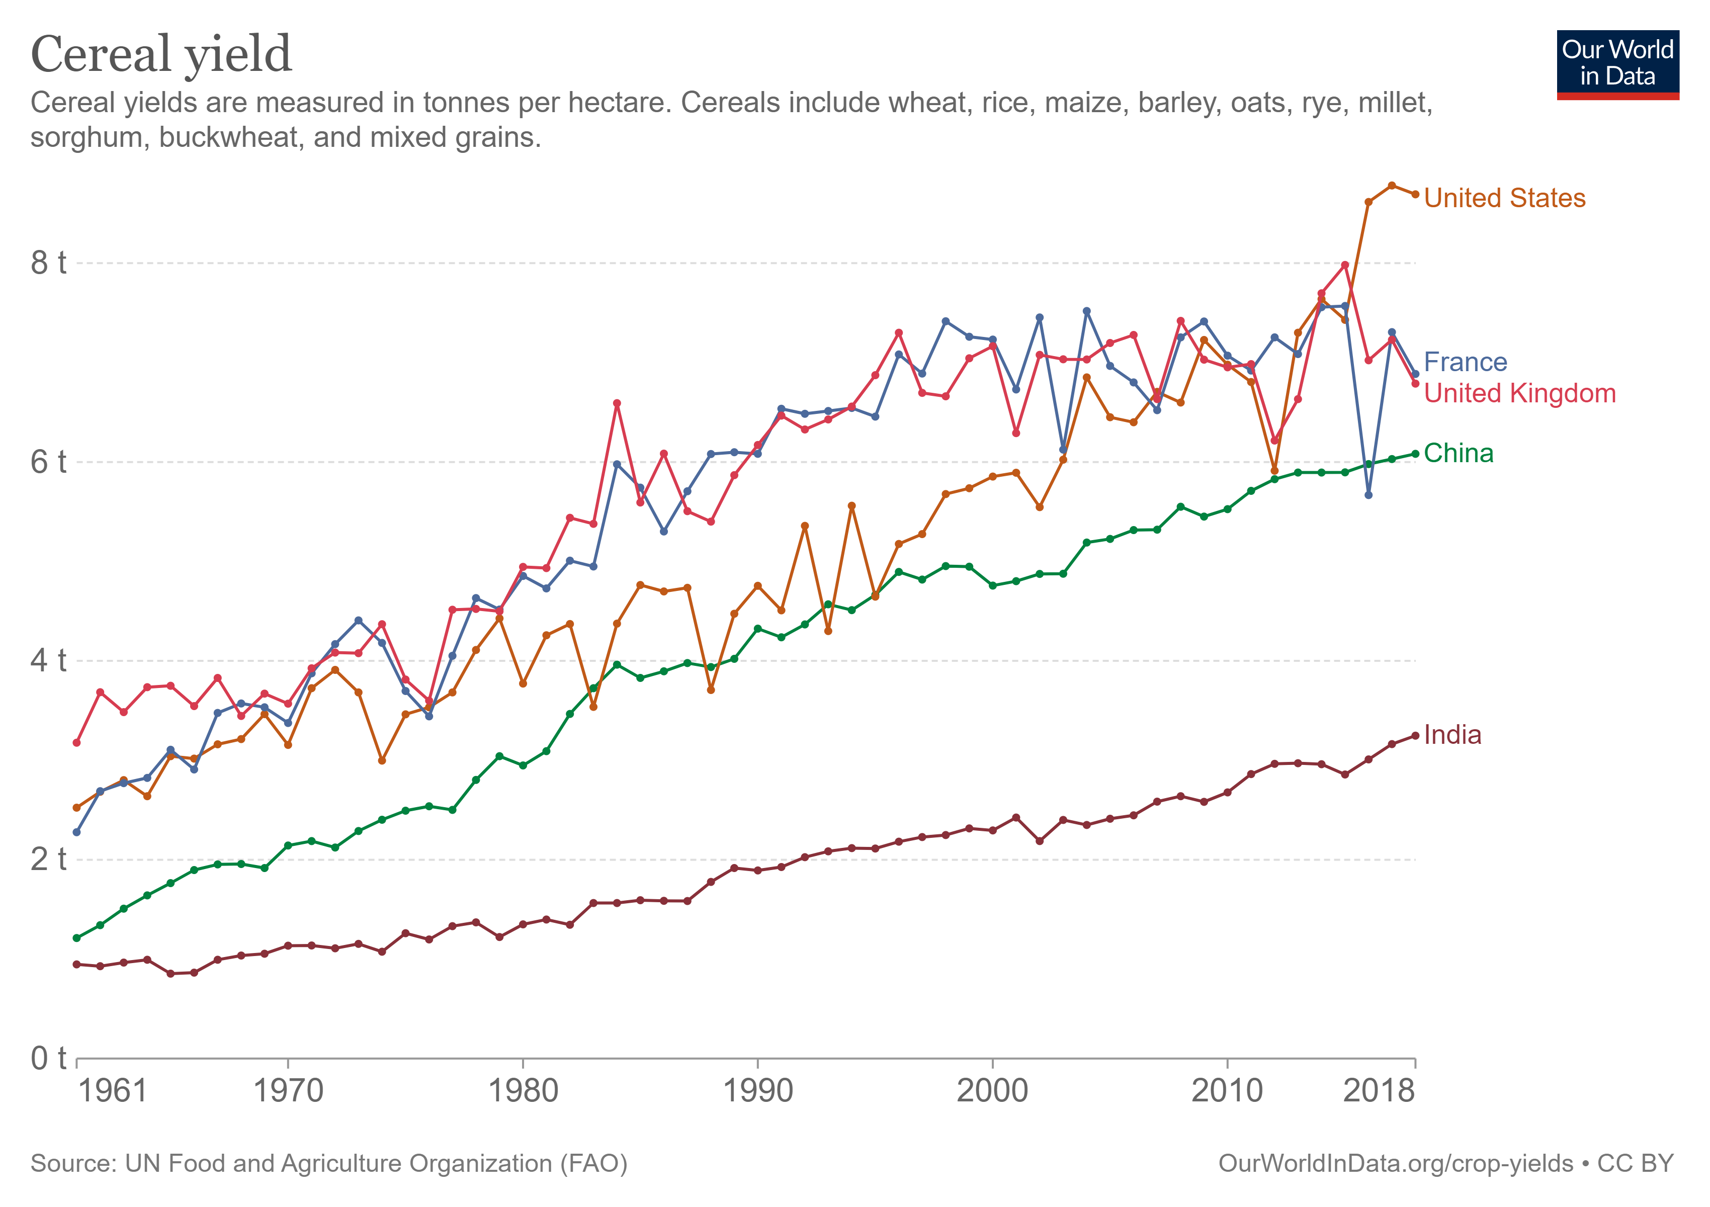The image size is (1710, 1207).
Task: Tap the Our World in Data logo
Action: tap(1617, 64)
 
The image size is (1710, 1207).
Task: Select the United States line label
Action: tap(1504, 198)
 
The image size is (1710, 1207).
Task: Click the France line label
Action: tap(1465, 362)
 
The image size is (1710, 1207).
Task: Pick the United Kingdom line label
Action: tap(1519, 393)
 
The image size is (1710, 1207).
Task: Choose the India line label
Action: tap(1452, 735)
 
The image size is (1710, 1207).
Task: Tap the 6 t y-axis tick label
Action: tap(48, 462)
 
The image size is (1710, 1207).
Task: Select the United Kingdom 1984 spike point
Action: tap(617, 403)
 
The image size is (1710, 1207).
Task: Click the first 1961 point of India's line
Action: tap(77, 964)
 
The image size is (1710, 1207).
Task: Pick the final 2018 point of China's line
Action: tap(1415, 454)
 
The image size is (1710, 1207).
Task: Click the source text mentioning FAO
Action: tap(328, 1164)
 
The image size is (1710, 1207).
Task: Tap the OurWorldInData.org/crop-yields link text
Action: tap(1395, 1164)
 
